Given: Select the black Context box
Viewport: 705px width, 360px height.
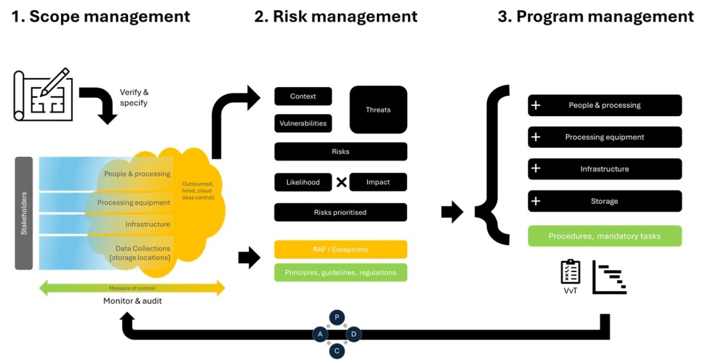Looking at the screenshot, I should tap(303, 96).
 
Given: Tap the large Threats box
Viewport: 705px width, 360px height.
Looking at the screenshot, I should tap(378, 110).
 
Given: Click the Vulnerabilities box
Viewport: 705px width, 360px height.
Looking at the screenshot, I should tap(303, 123).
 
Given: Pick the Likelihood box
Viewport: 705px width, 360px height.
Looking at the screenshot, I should tap(303, 182).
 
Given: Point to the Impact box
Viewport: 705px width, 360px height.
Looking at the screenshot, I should tap(378, 182).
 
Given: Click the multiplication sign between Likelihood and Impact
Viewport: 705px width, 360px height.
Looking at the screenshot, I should tap(341, 182).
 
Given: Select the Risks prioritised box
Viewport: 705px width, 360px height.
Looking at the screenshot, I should tap(341, 212).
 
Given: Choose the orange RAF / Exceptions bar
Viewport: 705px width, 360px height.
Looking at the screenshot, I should tap(341, 250).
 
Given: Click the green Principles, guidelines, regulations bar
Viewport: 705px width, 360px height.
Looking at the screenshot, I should tap(341, 272).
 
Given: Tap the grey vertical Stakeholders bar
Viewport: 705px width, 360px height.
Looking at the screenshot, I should tap(24, 213).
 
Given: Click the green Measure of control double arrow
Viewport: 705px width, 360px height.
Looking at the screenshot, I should tap(132, 288).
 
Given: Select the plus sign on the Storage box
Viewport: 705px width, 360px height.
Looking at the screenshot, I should tap(535, 201).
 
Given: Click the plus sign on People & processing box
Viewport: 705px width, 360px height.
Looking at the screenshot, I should tap(535, 105).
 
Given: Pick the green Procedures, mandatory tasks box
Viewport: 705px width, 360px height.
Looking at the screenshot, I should tap(605, 236).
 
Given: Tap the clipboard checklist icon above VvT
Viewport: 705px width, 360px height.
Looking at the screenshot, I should tap(570, 271).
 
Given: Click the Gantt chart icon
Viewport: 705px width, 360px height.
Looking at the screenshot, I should tap(609, 277).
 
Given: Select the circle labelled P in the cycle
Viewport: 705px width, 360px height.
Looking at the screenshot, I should tap(337, 317).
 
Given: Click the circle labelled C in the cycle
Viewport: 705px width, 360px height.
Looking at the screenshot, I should tap(337, 351).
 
